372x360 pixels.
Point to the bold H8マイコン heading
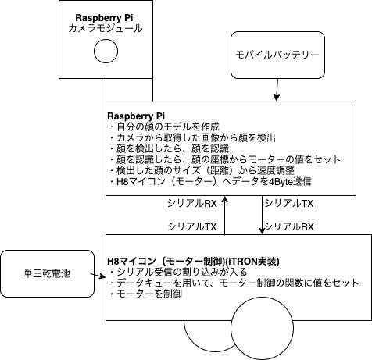(x=193, y=260)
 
